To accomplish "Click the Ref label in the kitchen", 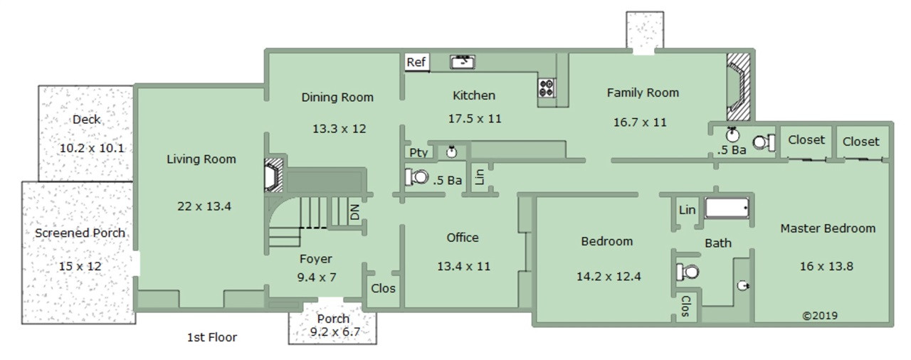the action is (x=416, y=62).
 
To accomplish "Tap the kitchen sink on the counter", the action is (x=463, y=62).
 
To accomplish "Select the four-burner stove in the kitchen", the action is (x=547, y=88).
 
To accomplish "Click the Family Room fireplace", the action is (x=738, y=87).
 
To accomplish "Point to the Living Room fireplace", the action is (x=274, y=175).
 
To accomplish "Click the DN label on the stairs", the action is (x=355, y=212).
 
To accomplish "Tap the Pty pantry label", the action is (x=418, y=153).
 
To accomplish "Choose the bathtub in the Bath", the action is (x=727, y=208).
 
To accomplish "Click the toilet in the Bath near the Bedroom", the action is (x=688, y=272).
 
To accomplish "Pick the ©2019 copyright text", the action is (x=819, y=316).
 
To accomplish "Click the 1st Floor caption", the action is (x=212, y=337).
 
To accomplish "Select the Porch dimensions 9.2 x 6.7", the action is (x=335, y=332).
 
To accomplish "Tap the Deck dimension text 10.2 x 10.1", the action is (x=92, y=148).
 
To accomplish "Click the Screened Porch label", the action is (x=80, y=233).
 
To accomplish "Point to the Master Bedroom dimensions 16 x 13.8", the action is (x=826, y=266).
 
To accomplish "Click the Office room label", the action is (x=463, y=238).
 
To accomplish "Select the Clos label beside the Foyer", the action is (x=383, y=288).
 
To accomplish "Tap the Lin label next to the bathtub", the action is (x=687, y=210).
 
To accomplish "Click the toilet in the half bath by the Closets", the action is (x=764, y=142).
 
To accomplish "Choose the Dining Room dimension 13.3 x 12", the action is (x=339, y=129).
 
